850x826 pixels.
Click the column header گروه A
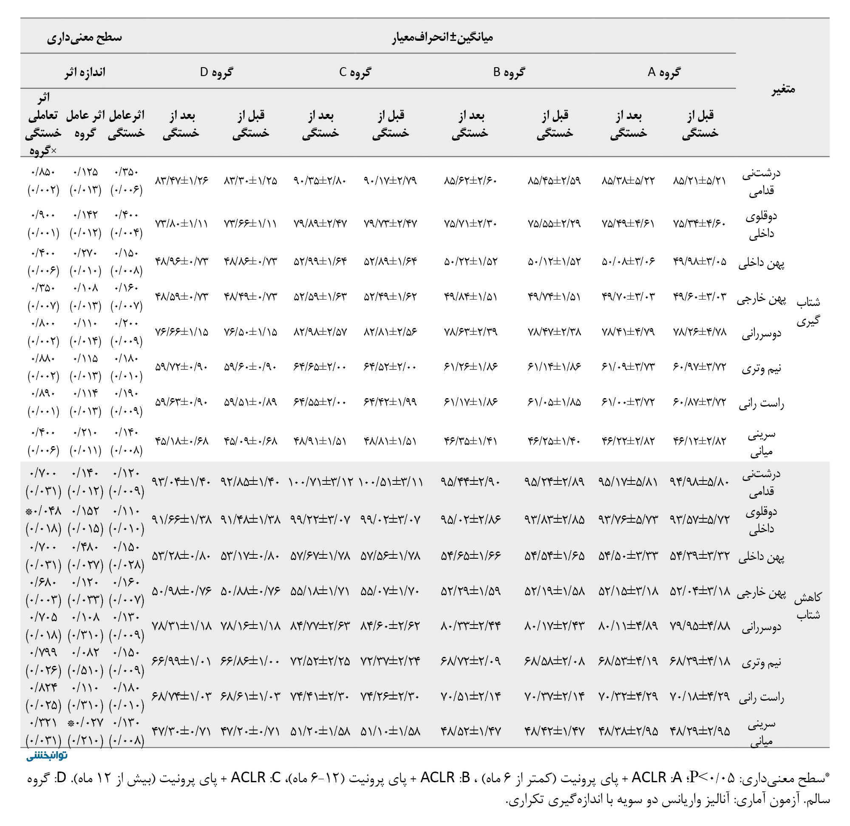664,72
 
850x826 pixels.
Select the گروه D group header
216,72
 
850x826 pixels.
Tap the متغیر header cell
783,89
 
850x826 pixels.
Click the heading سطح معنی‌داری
85,37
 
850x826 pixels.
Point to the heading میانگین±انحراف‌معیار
442,37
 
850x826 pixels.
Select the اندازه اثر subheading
85,72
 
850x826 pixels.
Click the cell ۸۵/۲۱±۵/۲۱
700,181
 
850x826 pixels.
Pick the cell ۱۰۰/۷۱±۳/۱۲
320,482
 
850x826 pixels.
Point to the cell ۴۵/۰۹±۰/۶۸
250,441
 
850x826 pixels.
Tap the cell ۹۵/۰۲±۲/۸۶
470,519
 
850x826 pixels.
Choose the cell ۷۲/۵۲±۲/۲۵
320,661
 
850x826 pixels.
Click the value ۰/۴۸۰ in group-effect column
85,546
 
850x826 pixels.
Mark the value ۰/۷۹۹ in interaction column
43,652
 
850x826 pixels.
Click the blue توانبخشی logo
46,756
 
